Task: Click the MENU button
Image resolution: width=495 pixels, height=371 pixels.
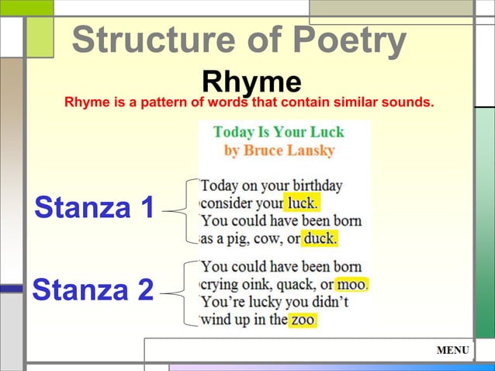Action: click(x=453, y=351)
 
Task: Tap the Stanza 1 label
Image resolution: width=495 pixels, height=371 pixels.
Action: click(x=94, y=208)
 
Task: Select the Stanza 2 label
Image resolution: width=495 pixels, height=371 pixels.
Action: click(x=92, y=290)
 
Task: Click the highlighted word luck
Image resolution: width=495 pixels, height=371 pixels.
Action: click(x=301, y=203)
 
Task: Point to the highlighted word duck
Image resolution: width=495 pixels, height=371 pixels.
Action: click(x=320, y=238)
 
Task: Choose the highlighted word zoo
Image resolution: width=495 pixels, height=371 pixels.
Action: click(x=303, y=319)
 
